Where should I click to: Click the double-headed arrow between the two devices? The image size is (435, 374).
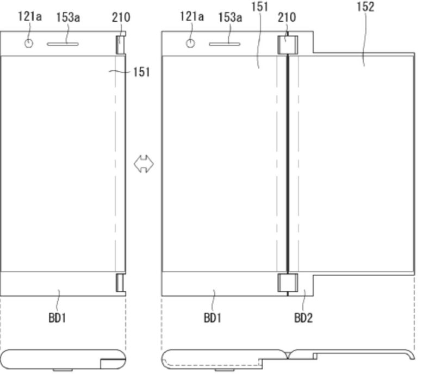(144, 164)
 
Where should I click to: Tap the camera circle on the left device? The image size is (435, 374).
(29, 44)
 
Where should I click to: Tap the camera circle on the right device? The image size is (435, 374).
(190, 44)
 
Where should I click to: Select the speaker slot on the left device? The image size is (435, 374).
(63, 44)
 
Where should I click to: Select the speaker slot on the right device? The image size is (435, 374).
(225, 44)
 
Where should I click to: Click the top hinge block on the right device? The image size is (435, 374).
(288, 45)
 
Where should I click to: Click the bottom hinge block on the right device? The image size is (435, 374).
(288, 283)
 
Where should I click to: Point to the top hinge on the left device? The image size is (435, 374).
(121, 45)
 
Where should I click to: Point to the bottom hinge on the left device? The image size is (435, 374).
(121, 283)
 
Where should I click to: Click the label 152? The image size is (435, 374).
(365, 7)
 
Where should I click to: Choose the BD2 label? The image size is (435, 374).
(303, 318)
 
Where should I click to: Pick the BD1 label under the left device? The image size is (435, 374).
(57, 318)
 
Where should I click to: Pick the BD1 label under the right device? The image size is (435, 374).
(213, 318)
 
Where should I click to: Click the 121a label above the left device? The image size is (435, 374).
(30, 17)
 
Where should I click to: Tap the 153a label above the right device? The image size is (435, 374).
(230, 17)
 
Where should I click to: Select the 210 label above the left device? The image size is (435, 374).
(121, 17)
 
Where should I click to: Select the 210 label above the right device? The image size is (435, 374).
(287, 17)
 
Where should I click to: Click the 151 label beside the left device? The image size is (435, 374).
(141, 72)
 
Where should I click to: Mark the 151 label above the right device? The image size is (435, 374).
(260, 7)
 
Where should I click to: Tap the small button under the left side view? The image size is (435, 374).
(63, 370)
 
